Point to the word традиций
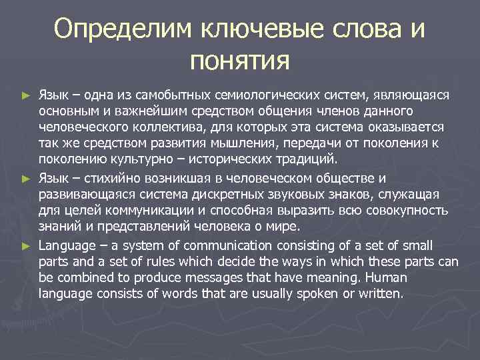coord(309,159)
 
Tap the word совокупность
coord(405,211)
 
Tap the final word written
coord(381,293)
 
